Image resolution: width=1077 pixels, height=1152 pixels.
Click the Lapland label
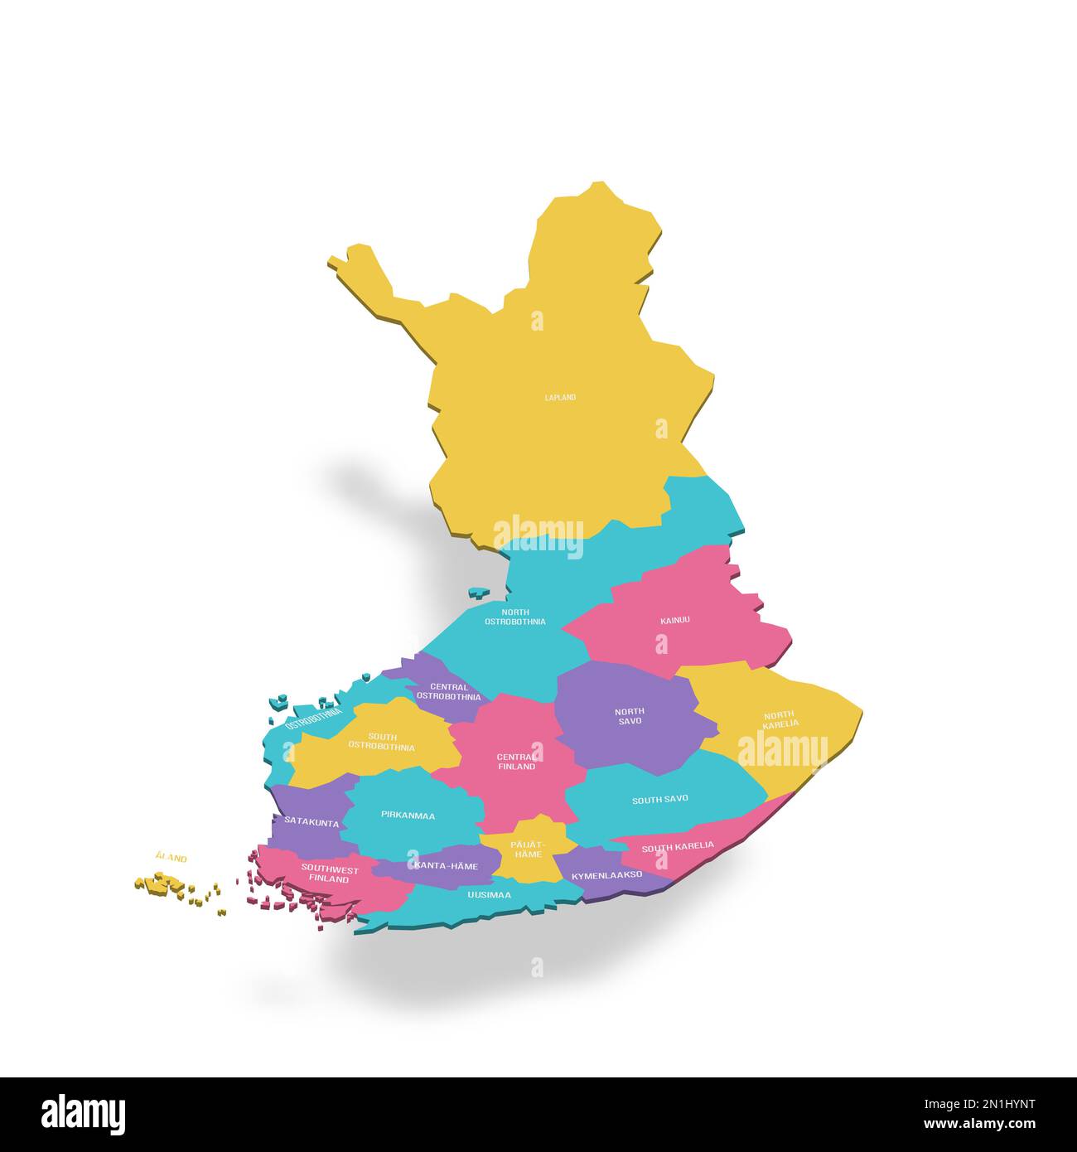pos(560,398)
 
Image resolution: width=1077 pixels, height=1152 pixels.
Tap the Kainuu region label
pos(675,620)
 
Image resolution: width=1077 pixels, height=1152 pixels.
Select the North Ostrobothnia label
pos(515,617)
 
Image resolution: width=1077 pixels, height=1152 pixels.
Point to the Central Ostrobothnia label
pos(448,692)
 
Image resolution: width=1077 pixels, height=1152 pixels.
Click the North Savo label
pos(630,716)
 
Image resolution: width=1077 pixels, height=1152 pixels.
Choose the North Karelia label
pos(780,719)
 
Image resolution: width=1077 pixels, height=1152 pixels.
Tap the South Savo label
pos(660,800)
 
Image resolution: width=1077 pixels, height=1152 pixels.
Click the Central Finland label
pos(515,762)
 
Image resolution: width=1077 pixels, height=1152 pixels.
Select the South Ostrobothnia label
pos(382,742)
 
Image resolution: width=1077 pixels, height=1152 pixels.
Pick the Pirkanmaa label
pos(408,816)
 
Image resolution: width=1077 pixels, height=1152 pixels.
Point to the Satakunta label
pos(312,822)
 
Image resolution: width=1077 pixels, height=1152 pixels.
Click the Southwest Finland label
pos(330,874)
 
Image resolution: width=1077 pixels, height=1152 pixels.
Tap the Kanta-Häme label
pos(446,866)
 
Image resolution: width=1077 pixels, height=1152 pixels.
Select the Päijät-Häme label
pos(528,849)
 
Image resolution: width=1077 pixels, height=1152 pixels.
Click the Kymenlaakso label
pos(606,875)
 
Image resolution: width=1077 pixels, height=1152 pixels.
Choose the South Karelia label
pos(678,846)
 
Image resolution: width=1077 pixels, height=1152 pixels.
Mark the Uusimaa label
pos(489,895)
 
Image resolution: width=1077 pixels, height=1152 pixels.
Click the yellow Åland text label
pos(171,859)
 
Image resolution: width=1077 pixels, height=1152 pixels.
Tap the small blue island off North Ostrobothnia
pos(478,593)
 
